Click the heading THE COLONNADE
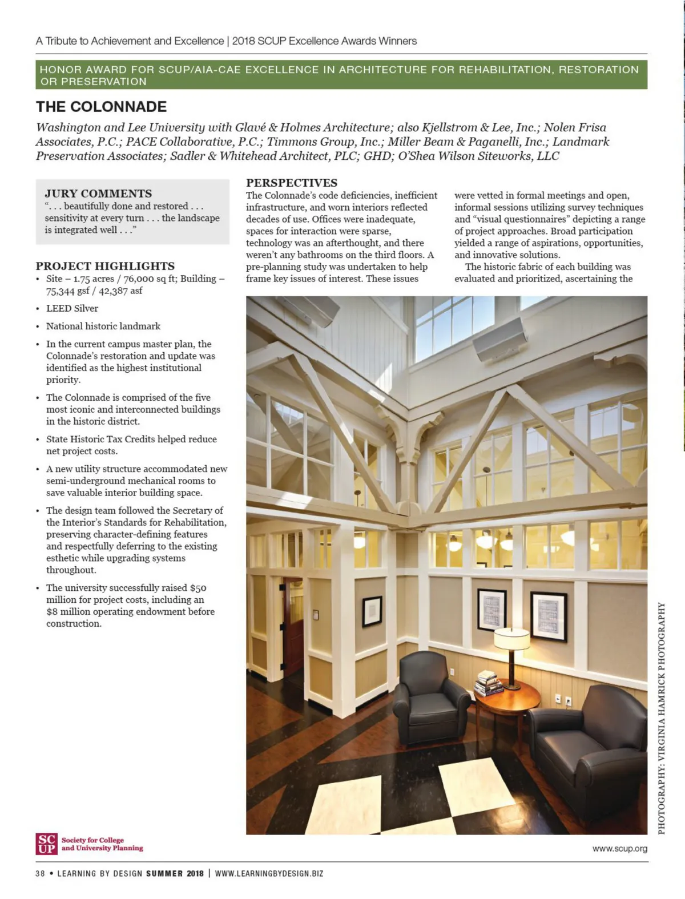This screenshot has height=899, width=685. (101, 107)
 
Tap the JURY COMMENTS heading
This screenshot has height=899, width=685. (98, 193)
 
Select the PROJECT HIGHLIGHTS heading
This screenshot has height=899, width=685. (105, 266)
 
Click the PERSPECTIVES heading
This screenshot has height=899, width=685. (292, 183)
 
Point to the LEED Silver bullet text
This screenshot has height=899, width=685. (72, 308)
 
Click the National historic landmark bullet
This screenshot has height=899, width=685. (103, 326)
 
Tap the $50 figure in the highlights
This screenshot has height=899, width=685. (198, 588)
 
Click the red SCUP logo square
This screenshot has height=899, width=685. (46, 844)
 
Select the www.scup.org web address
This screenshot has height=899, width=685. (620, 849)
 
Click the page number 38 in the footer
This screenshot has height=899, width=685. (40, 873)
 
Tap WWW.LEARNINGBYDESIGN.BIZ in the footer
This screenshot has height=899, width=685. (269, 873)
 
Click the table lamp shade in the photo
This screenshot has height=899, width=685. (511, 639)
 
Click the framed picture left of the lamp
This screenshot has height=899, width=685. (491, 610)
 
